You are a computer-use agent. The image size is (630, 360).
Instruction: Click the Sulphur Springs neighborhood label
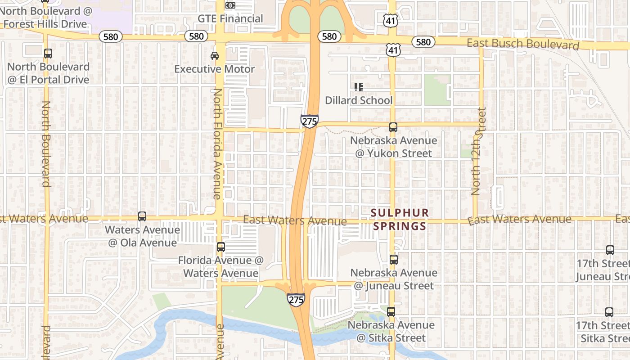point(400,219)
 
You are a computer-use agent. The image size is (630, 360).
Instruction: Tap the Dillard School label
point(359,100)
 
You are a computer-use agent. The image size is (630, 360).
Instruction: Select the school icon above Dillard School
point(359,87)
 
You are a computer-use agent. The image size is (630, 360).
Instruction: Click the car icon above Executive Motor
point(215,56)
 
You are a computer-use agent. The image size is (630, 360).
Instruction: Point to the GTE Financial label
point(230,18)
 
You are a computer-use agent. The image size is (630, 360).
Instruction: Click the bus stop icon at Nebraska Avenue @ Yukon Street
point(393,127)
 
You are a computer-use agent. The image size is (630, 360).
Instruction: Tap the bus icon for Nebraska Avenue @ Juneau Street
point(394,260)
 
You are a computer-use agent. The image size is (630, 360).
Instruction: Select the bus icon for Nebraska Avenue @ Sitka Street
point(391,312)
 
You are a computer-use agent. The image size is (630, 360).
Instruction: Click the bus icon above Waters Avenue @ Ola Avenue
point(142,216)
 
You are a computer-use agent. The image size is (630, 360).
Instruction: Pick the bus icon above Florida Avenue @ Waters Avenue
point(220,247)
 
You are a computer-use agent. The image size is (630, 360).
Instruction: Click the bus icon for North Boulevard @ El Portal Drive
point(48,54)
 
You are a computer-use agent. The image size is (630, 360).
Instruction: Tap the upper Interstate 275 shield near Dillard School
point(310,121)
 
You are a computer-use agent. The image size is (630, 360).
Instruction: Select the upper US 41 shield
point(391,19)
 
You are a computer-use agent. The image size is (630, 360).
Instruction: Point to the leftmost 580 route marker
point(111,37)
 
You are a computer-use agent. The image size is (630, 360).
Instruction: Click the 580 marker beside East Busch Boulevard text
point(423,42)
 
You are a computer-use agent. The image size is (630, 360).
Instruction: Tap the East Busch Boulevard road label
point(523,45)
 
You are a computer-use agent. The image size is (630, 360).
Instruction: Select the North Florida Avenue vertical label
point(217,144)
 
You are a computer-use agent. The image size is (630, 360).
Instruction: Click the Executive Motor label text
point(215,69)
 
